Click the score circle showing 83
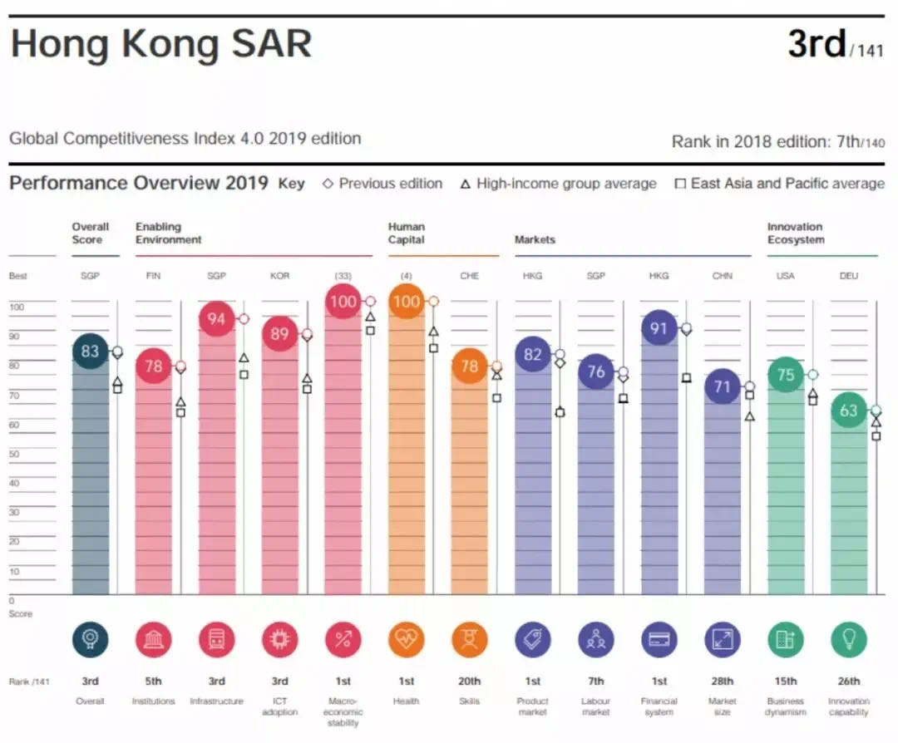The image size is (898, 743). pos(90,351)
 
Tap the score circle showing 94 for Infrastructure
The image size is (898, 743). pos(216,319)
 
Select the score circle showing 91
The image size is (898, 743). pos(659,328)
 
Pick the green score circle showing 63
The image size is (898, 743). pos(848,411)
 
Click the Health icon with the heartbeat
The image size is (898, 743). pos(406,640)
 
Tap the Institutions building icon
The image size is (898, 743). pos(153,640)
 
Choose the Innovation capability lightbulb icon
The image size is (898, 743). pos(848,640)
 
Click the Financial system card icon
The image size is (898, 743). pos(659,640)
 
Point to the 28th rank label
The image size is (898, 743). pos(723,681)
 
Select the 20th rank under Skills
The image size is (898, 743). pos(469,681)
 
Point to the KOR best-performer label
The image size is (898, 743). pos(279,276)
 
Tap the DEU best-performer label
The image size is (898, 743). pos(848,276)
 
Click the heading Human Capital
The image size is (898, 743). pos(407,234)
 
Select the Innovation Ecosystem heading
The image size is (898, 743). pos(796,234)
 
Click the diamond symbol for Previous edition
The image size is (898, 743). pos(328,184)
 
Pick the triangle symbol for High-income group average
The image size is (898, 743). pos(466,184)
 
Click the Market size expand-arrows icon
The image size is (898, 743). pos(722,640)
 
